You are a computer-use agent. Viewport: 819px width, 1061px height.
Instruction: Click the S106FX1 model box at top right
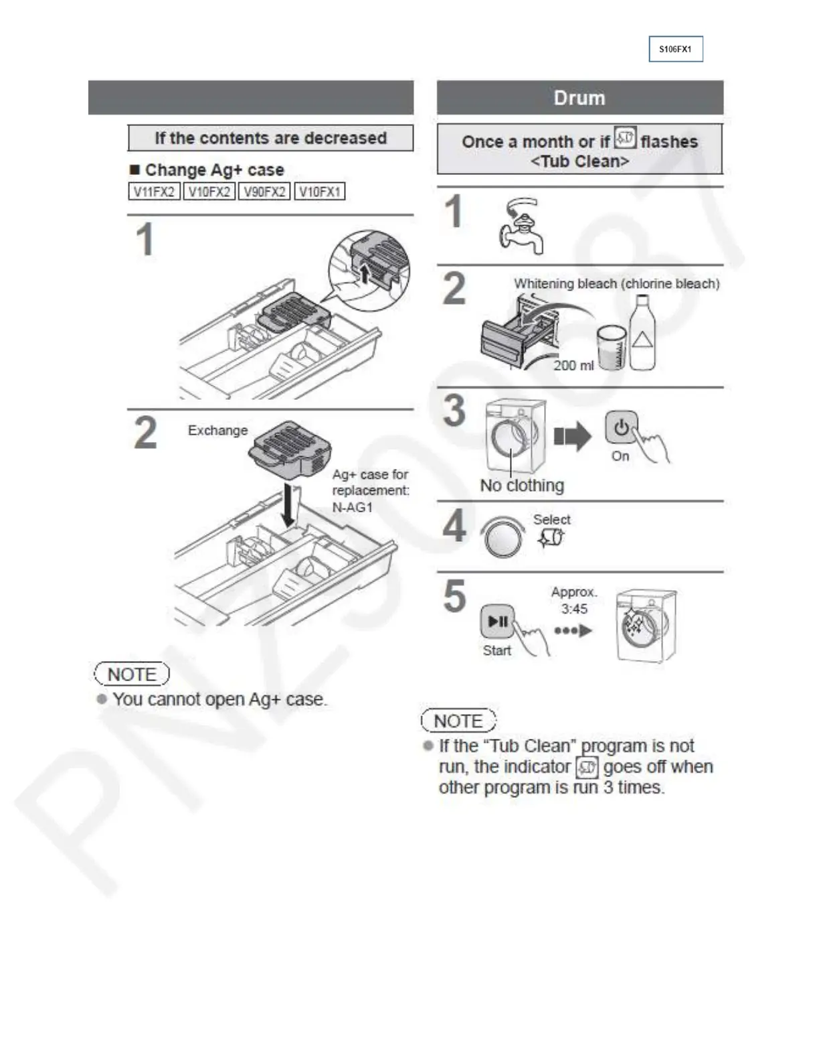675,49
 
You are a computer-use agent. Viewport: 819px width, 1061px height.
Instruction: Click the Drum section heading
579,98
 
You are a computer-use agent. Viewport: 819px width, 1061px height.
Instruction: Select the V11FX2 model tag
154,192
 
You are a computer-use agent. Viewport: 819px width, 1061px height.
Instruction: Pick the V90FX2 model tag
264,192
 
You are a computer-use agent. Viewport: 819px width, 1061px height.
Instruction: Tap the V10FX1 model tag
320,192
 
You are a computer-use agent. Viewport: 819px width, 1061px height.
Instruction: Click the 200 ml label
573,365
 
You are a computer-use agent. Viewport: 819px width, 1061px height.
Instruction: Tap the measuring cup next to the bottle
612,347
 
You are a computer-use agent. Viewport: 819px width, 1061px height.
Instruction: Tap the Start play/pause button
498,622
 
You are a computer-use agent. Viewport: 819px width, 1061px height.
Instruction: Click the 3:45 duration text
574,609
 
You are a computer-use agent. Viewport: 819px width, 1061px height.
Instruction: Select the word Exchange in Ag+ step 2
217,430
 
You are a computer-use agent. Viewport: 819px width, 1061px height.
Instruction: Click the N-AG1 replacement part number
353,507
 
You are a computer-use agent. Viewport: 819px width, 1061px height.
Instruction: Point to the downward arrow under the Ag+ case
289,506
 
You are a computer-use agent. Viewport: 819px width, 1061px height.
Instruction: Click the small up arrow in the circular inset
363,273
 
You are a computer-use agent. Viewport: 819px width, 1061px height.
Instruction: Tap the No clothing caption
522,485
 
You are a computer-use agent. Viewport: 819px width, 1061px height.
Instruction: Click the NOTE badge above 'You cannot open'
132,674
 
